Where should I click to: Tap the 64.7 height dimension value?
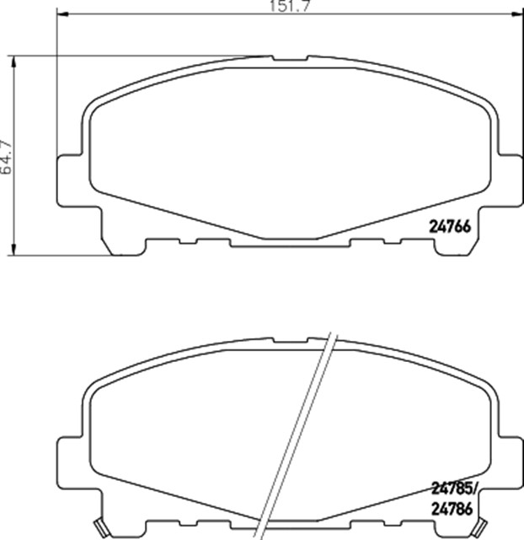pos(6,156)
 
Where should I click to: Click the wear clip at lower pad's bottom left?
pos(103,528)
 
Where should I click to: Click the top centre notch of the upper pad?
pos(290,59)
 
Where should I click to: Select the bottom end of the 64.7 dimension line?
pos(15,252)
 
